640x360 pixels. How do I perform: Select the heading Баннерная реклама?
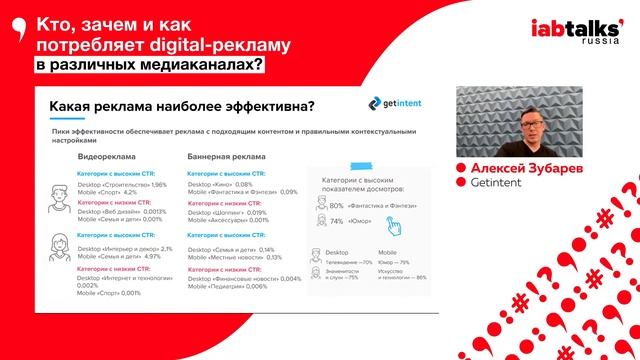226,158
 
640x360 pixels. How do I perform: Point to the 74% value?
336,221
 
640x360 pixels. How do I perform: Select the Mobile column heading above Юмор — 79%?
387,253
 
